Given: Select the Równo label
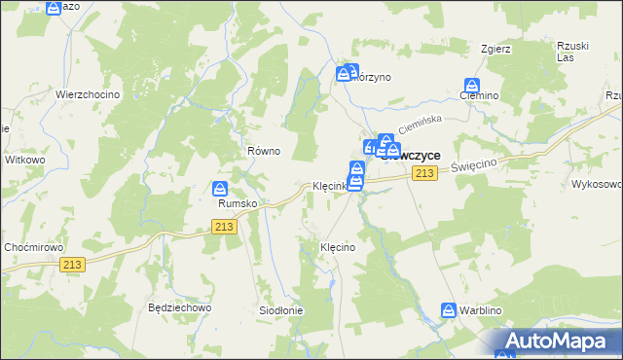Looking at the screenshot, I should tap(264, 151).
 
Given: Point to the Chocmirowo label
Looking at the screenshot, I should tap(32, 247).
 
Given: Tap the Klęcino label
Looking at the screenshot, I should tap(338, 248).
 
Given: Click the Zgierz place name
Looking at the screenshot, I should tap(495, 48).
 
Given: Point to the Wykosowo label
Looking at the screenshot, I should tap(597, 184).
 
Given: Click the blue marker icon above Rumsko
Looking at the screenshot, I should tap(221, 189).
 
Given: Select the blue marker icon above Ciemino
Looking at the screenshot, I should tap(473, 86).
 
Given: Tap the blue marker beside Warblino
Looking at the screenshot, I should tap(449, 310).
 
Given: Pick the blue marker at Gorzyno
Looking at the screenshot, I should tap(345, 73).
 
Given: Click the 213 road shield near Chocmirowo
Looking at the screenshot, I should tap(72, 264).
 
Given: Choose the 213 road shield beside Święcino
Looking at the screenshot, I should tap(422, 173).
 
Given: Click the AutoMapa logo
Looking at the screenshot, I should tap(555, 341).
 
